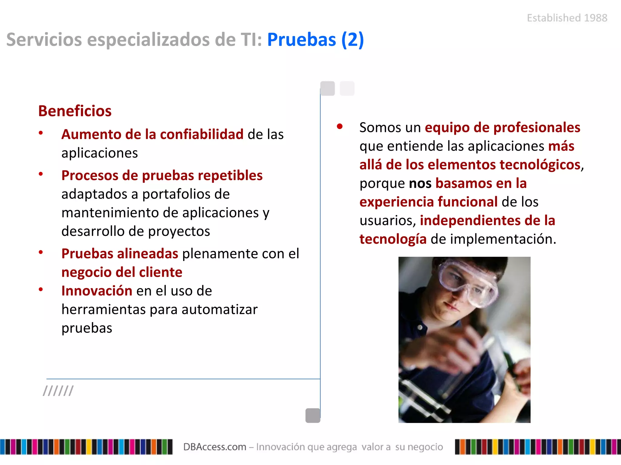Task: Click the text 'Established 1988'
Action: coord(567,18)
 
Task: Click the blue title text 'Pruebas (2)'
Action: coord(315,40)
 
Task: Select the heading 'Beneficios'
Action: coord(75,111)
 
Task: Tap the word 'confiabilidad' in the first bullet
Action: coord(202,134)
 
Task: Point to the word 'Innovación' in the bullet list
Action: coord(97,291)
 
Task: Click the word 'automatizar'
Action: coord(220,310)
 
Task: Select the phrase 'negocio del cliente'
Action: coord(122,272)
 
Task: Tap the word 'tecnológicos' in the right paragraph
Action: coord(540,165)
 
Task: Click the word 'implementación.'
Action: coord(503,239)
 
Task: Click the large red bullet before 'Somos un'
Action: coord(340,127)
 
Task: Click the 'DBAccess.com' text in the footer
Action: coord(214,447)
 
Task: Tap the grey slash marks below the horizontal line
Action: coord(58,391)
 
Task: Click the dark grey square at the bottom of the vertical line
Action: coord(313,415)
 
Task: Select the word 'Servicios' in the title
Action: coord(44,40)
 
